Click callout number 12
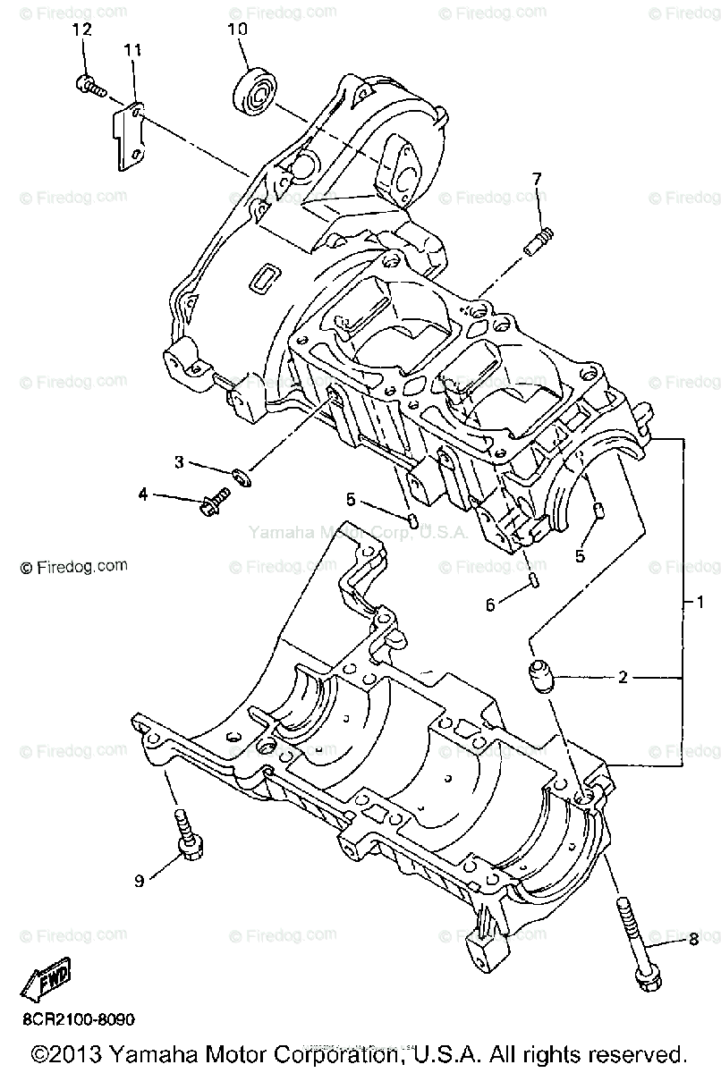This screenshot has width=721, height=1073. [81, 30]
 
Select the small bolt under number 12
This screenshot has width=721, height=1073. [89, 86]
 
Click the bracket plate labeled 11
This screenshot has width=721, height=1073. [129, 135]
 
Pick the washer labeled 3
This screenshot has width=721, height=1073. [241, 473]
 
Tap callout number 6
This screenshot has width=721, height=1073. [490, 604]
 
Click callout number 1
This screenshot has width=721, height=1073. [701, 602]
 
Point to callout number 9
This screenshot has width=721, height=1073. [139, 882]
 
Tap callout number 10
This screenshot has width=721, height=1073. [237, 30]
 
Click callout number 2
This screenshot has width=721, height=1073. [623, 677]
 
